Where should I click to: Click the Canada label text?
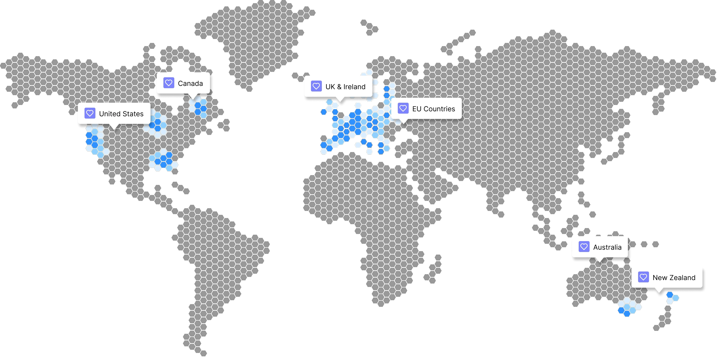(x=190, y=84)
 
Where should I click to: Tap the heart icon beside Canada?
(x=169, y=83)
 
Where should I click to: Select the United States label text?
(x=121, y=114)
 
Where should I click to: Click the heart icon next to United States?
(x=90, y=113)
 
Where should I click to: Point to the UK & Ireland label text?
(x=345, y=87)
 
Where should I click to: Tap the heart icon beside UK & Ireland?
(x=316, y=86)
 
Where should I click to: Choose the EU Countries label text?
(x=433, y=109)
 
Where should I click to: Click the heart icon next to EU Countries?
(x=403, y=108)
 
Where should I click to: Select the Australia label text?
(x=607, y=247)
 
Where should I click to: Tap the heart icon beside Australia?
(x=584, y=247)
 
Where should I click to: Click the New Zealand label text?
(x=674, y=278)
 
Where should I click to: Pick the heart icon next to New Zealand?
(x=643, y=277)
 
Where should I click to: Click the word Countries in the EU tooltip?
(x=439, y=109)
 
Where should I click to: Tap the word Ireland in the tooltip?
(x=354, y=87)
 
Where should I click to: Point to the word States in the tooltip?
(x=133, y=114)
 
